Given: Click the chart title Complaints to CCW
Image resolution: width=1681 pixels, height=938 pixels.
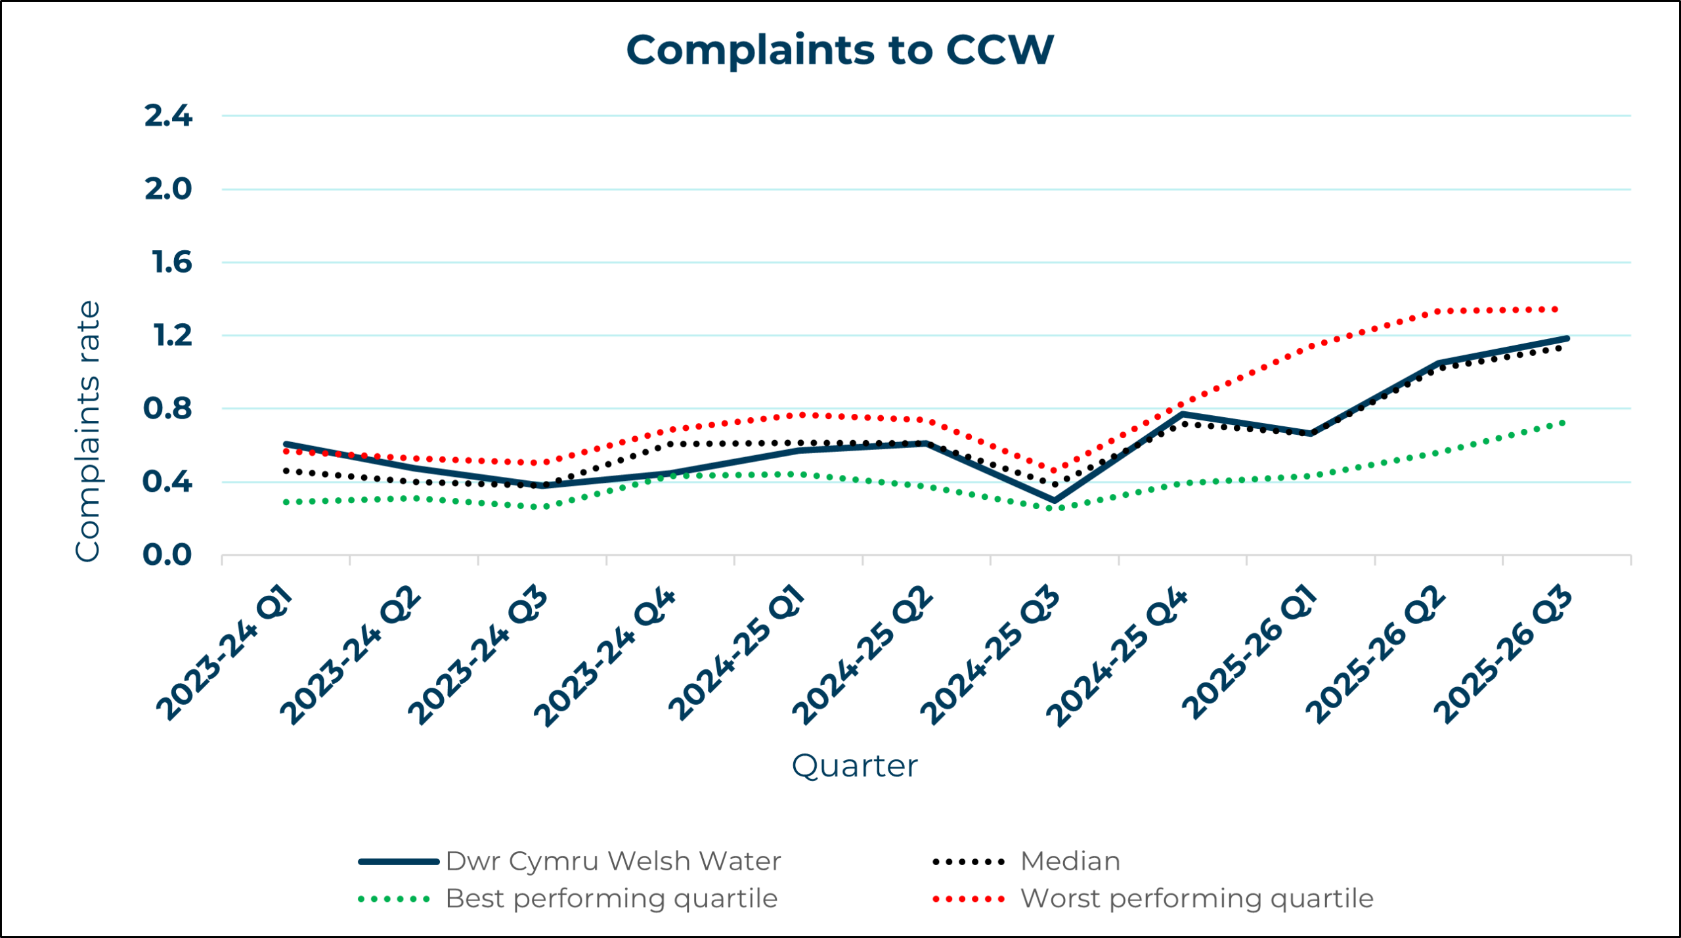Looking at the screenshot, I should click(x=840, y=50).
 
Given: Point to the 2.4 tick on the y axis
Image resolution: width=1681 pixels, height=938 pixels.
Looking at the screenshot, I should click(x=168, y=116).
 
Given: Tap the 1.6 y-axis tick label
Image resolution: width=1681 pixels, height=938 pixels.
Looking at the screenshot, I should click(x=171, y=263).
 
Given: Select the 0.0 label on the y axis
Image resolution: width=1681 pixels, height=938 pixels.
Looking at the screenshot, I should click(x=167, y=555).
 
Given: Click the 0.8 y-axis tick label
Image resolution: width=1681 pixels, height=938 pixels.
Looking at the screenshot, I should click(x=167, y=409).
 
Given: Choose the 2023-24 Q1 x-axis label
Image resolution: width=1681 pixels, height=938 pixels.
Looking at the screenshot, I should click(x=225, y=653).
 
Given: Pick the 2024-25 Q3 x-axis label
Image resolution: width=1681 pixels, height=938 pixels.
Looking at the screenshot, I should click(x=990, y=656).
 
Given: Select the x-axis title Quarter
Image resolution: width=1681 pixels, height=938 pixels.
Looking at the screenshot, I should click(x=854, y=766).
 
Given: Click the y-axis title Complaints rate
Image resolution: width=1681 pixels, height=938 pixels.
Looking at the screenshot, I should click(x=87, y=431).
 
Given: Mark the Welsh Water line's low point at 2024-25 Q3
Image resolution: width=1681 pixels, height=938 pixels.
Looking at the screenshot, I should click(x=1054, y=501).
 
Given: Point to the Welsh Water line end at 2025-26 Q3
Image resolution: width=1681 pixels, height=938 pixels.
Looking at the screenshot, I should click(x=1567, y=338).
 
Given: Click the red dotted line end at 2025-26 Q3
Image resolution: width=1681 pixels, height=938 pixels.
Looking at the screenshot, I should click(x=1556, y=309).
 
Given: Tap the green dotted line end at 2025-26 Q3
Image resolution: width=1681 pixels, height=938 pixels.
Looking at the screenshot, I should click(x=1563, y=422).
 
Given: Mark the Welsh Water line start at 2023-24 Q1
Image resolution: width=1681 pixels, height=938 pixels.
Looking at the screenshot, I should click(x=286, y=444).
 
